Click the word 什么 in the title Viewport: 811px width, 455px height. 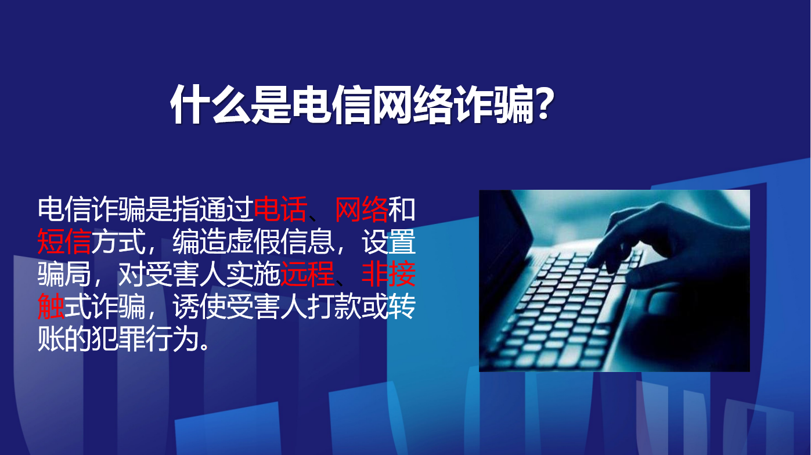(x=211, y=105)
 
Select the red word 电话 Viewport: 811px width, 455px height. (x=280, y=210)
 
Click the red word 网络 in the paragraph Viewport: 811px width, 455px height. (x=361, y=210)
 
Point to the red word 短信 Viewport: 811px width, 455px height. (x=64, y=241)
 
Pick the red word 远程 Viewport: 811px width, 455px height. (x=307, y=274)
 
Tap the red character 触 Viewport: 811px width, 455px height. (x=51, y=306)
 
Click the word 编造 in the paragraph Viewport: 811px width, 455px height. (x=199, y=241)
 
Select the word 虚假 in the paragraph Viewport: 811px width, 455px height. (x=253, y=241)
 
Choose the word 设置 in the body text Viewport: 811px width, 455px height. (x=388, y=241)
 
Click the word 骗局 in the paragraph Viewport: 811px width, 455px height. (x=64, y=274)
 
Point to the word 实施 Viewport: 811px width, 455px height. (x=253, y=274)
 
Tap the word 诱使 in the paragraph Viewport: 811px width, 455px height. (x=199, y=306)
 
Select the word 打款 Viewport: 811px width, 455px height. (x=334, y=306)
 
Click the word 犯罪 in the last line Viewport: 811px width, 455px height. (x=118, y=339)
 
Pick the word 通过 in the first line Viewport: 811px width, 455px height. (x=226, y=210)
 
